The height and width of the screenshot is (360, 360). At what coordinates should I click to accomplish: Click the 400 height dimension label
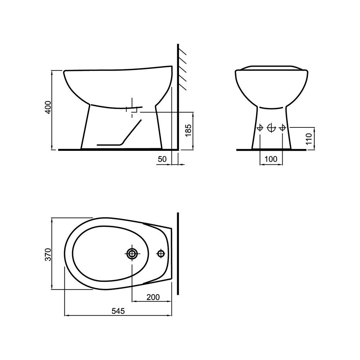pos(48,107)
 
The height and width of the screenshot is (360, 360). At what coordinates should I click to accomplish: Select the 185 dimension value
pos(189,130)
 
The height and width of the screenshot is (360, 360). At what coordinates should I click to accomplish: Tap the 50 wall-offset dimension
pos(162,159)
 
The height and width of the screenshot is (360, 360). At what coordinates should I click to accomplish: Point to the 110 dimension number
pos(309,139)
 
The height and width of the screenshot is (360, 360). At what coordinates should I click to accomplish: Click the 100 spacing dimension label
pos(271,159)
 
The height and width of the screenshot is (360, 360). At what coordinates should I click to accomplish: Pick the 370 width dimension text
pos(48,254)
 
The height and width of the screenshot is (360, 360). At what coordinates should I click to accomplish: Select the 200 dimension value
pos(153,297)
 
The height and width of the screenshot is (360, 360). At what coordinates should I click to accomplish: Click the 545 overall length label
pos(118,311)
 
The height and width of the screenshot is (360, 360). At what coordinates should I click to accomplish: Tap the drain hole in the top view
pos(132,253)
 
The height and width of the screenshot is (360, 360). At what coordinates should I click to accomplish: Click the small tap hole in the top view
pos(161,253)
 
